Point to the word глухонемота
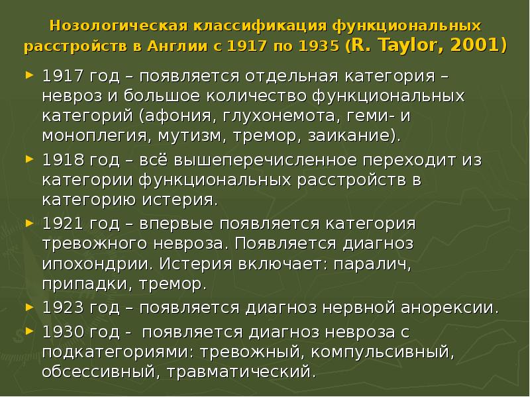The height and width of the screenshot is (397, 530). [x=260, y=118]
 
